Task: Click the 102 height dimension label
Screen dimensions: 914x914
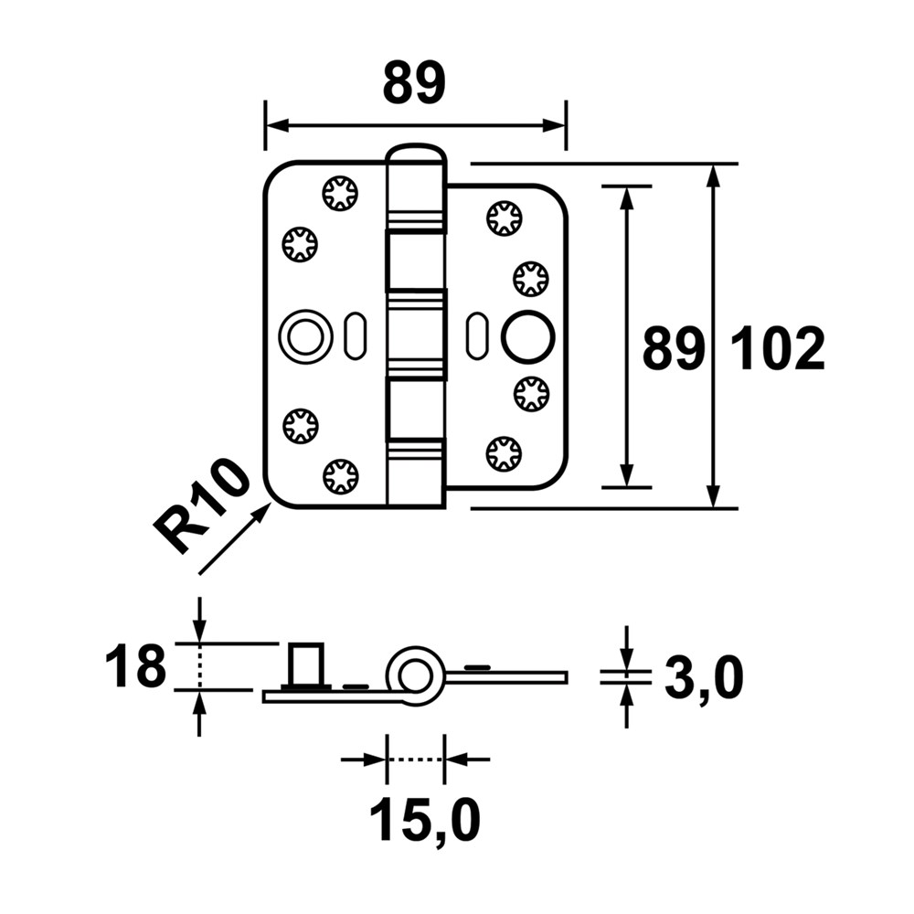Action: coord(778,349)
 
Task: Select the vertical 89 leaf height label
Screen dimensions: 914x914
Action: coord(674,349)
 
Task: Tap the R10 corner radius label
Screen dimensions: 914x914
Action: coord(201,505)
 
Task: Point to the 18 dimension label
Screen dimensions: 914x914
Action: coord(135,665)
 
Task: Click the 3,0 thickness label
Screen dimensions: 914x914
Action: coord(704,680)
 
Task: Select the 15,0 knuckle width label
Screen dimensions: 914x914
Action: coord(425,820)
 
